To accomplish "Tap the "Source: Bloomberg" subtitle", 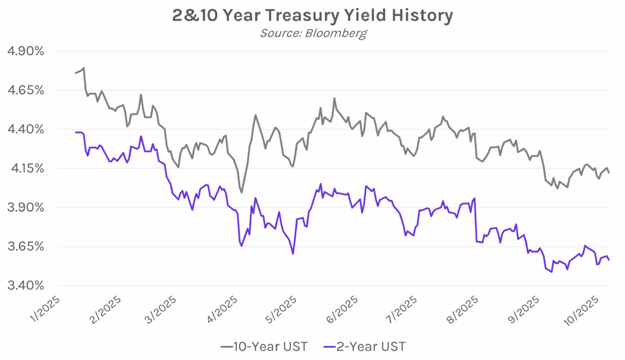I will (x=312, y=33).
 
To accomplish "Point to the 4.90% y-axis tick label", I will (x=25, y=51).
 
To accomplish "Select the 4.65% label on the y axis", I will (x=25, y=90).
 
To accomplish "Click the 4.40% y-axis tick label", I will (x=25, y=129).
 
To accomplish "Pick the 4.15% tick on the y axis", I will (x=25, y=168).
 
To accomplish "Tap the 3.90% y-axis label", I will (x=25, y=207).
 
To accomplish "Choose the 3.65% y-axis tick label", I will (x=25, y=247).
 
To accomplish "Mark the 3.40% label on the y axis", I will (x=25, y=286).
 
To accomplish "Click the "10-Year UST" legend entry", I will (x=264, y=347).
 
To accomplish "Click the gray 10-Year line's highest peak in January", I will (x=84, y=68).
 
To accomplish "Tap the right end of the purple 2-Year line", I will (x=609, y=261).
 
